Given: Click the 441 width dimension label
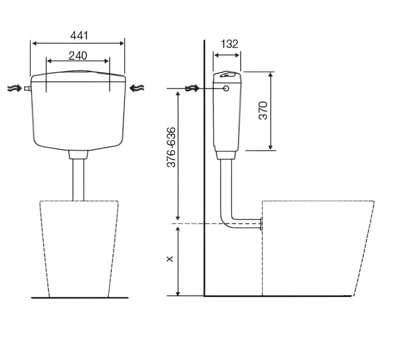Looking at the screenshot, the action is pyautogui.click(x=79, y=35).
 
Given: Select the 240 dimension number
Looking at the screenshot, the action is pyautogui.click(x=78, y=56).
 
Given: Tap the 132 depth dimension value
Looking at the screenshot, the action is pyautogui.click(x=229, y=44).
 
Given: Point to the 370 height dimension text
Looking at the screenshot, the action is pyautogui.click(x=263, y=110).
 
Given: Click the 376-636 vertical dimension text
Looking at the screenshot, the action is pyautogui.click(x=171, y=147).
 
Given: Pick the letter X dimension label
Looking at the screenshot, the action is pyautogui.click(x=170, y=258).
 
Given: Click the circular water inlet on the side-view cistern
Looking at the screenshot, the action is pyautogui.click(x=226, y=88).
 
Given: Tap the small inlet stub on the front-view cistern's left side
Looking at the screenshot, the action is pyautogui.click(x=27, y=89).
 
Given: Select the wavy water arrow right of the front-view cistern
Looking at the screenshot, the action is pyautogui.click(x=137, y=88).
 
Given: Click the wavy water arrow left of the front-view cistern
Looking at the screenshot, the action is pyautogui.click(x=14, y=88).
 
